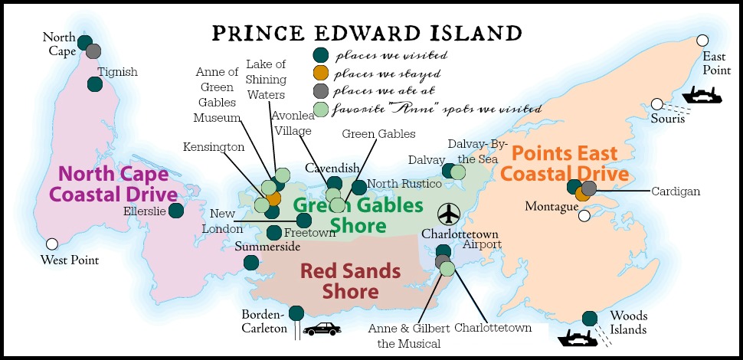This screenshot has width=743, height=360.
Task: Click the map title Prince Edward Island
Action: point(367,33)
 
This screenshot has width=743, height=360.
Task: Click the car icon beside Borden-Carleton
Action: point(322,329)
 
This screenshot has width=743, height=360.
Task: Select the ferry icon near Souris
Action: point(703,95)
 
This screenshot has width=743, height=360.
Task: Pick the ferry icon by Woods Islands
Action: point(576,338)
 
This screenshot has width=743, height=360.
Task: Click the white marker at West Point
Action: point(52,244)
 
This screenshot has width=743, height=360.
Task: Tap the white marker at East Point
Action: point(702,40)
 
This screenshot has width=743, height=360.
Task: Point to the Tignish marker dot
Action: point(95,84)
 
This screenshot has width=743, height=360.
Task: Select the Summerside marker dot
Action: point(251,263)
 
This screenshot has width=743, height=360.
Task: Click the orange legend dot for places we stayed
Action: point(322,74)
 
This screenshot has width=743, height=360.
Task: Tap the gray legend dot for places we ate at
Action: point(322,91)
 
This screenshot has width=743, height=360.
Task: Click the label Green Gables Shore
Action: point(358,215)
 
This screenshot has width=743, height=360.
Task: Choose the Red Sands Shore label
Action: point(349,280)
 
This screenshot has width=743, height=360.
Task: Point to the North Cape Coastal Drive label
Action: point(113,184)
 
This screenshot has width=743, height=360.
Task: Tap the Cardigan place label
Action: point(675,191)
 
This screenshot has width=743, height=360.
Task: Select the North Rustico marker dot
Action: point(358,187)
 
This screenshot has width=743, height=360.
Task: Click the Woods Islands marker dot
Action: point(590,319)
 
